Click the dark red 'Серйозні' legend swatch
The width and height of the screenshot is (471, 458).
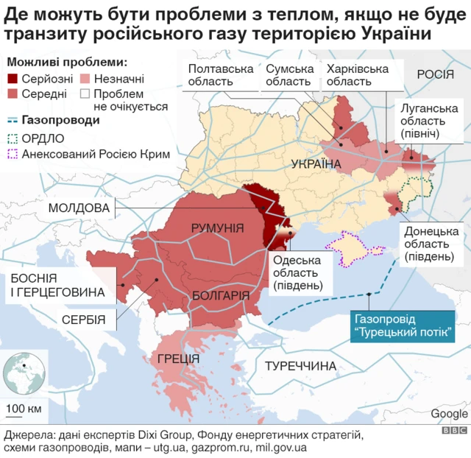13,79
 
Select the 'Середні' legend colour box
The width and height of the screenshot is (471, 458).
13,94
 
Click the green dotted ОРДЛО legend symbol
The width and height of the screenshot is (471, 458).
13,138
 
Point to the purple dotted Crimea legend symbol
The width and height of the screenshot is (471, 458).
13,155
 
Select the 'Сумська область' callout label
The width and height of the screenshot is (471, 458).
289,75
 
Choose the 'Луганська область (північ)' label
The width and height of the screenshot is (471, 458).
429,120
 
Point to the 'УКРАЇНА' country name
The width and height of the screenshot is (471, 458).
316,163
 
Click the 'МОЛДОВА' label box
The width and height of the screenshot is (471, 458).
79,208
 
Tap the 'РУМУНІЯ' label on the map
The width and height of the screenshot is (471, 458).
217,228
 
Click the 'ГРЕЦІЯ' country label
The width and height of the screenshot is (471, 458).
178,359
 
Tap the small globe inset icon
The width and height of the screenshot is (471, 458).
21,373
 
